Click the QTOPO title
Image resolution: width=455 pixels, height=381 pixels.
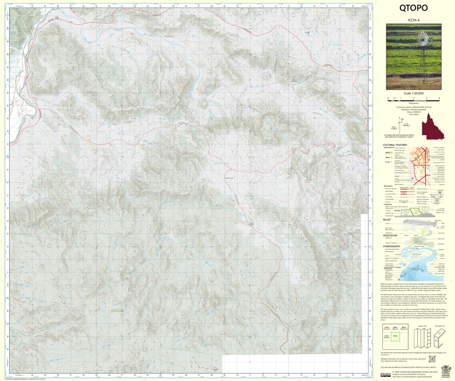pyautogui.click(x=413, y=8)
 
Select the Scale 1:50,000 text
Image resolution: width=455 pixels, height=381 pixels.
pyautogui.click(x=413, y=93)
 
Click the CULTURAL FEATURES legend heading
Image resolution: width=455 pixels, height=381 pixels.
pyautogui.click(x=395, y=145)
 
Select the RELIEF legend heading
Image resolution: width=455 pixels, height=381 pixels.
pyautogui.click(x=387, y=219)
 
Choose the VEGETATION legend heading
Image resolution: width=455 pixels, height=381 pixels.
pyautogui.click(x=390, y=235)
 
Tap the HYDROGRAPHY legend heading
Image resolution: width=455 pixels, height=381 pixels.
pyautogui.click(x=391, y=246)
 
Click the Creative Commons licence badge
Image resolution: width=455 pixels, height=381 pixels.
pyautogui.click(x=385, y=375)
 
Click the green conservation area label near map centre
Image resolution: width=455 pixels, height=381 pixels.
pyautogui.click(x=218, y=126)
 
